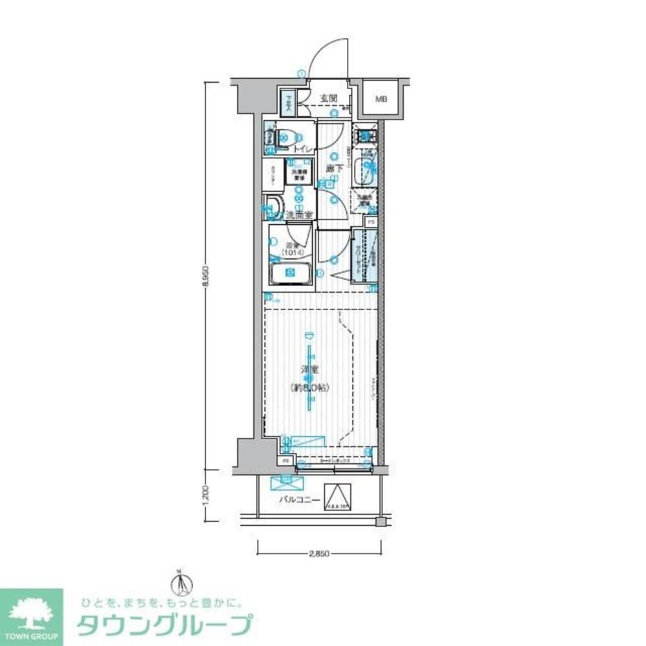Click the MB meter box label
coord(381,99)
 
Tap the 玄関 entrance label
coord(329,98)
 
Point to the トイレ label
coord(304,150)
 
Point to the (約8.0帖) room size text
coord(310,388)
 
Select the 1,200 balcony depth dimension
coord(205,495)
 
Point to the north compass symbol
coord(183,585)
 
